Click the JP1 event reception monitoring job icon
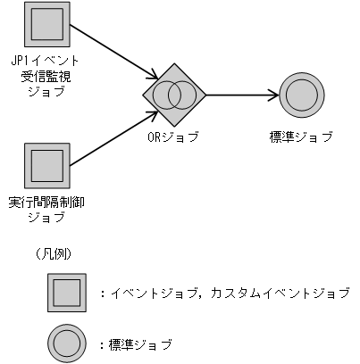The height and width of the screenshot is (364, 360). coord(46,21)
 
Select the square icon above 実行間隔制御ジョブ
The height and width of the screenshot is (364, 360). coord(46,165)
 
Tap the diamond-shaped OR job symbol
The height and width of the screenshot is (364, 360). coord(174,93)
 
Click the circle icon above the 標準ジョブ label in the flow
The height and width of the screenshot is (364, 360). coord(300,93)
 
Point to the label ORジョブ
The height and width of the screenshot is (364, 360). coord(173,136)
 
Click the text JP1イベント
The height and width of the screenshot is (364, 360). coord(45,60)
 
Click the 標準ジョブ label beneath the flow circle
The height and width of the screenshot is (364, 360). coord(300,136)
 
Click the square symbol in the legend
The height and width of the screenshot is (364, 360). coord(67,293)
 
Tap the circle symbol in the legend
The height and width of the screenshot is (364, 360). coord(67,343)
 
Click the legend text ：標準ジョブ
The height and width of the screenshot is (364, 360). coord(139,343)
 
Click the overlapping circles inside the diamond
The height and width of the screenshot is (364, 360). coord(174,93)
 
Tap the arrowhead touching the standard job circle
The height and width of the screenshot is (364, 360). coord(272,93)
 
